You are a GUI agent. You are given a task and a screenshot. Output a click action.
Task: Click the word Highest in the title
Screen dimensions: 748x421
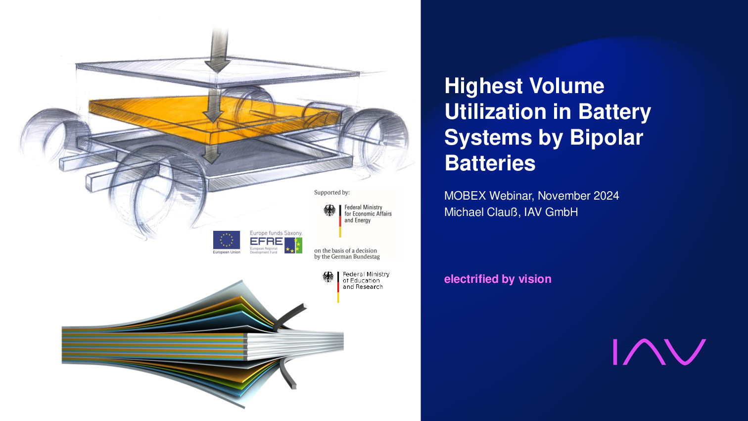click(x=484, y=87)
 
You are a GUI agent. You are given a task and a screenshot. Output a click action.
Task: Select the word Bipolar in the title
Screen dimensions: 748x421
click(x=606, y=137)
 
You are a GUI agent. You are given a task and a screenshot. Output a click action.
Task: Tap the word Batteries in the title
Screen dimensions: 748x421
click(x=490, y=163)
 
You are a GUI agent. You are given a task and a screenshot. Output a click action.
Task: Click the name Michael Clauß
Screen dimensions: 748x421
click(x=481, y=212)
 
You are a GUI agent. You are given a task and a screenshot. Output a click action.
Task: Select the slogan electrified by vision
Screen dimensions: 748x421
click(x=498, y=279)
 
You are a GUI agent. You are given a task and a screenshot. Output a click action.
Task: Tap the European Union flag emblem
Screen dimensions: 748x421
click(x=227, y=240)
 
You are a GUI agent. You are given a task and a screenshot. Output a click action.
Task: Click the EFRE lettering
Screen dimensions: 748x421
click(x=266, y=241)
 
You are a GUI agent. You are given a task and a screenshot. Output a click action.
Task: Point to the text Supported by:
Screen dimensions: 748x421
click(x=331, y=193)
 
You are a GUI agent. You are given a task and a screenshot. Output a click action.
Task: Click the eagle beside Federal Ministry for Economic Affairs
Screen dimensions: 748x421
click(x=329, y=210)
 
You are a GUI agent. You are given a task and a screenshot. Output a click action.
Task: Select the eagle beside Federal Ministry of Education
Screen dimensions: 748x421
click(x=328, y=277)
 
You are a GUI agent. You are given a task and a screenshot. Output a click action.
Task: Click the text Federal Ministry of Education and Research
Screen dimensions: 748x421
click(x=366, y=280)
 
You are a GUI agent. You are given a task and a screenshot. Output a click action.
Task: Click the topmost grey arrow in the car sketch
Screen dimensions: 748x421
click(x=218, y=50)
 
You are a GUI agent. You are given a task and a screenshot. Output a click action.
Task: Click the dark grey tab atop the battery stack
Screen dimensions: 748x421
click(x=289, y=317)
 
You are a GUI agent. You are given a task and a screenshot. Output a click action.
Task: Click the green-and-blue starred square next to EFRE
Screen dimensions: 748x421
click(x=293, y=246)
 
